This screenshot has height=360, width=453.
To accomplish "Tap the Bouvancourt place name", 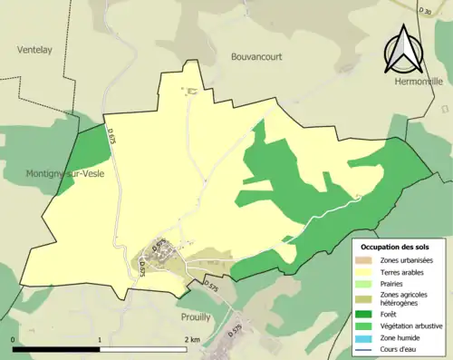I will point(251,55).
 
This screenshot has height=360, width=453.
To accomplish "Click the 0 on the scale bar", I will point(14,339).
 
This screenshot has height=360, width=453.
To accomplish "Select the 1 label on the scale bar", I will point(100,339).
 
